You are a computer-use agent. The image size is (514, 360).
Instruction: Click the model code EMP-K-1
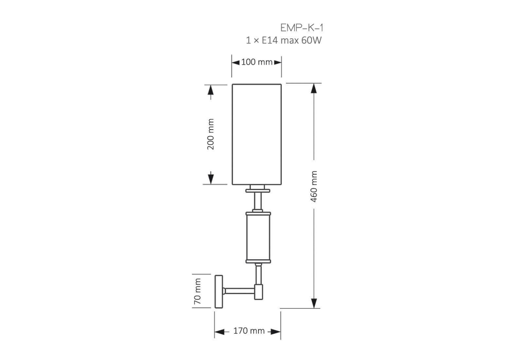coord(302,28)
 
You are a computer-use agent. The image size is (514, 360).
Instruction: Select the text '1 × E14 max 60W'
coord(284,40)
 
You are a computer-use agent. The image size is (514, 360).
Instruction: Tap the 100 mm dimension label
coord(257,62)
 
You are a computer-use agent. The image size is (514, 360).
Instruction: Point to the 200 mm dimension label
coord(210,134)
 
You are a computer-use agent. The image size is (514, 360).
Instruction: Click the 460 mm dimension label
coord(314,186)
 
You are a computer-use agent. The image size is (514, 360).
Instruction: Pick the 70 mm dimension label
coord(197,291)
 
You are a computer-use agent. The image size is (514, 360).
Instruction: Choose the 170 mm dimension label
coord(249,331)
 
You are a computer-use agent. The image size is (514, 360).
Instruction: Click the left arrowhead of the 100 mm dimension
coord(236,62)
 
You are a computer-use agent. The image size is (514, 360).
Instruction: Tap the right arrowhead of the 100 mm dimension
coord(278,62)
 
